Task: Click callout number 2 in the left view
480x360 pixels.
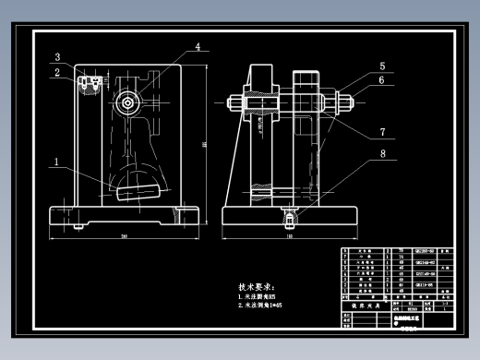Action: click(x=56, y=72)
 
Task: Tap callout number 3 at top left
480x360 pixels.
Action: click(x=56, y=57)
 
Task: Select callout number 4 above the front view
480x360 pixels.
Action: click(x=197, y=46)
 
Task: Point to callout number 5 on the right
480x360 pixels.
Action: click(x=380, y=66)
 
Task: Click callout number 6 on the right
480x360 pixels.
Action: click(x=380, y=81)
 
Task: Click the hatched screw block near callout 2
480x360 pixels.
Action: click(x=90, y=85)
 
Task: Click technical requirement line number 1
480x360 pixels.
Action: click(x=264, y=296)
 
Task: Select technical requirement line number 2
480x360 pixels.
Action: click(x=268, y=305)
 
